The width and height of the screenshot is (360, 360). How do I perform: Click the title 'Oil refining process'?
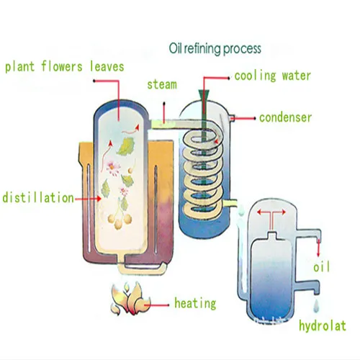[215, 49]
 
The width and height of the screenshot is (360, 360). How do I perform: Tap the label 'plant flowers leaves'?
[65, 67]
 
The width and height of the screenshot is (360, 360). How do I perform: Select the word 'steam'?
[162, 84]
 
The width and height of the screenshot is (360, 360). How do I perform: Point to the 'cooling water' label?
[272, 76]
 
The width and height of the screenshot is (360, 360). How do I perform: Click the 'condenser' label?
[285, 117]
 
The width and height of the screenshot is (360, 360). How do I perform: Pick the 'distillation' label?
[38, 198]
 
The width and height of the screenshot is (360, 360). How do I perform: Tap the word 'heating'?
[195, 303]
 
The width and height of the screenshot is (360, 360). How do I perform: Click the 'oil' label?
[322, 266]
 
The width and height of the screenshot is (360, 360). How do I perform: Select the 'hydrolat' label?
[323, 325]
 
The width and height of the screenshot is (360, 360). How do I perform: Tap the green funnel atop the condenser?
[204, 94]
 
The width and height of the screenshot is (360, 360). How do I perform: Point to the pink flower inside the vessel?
[113, 168]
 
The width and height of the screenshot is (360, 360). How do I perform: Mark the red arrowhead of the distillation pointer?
[99, 199]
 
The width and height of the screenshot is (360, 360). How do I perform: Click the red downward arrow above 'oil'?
[318, 248]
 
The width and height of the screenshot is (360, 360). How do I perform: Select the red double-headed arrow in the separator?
[271, 212]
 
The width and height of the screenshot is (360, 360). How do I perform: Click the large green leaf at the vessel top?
[125, 146]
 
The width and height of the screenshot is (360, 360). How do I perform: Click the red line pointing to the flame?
[157, 305]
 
